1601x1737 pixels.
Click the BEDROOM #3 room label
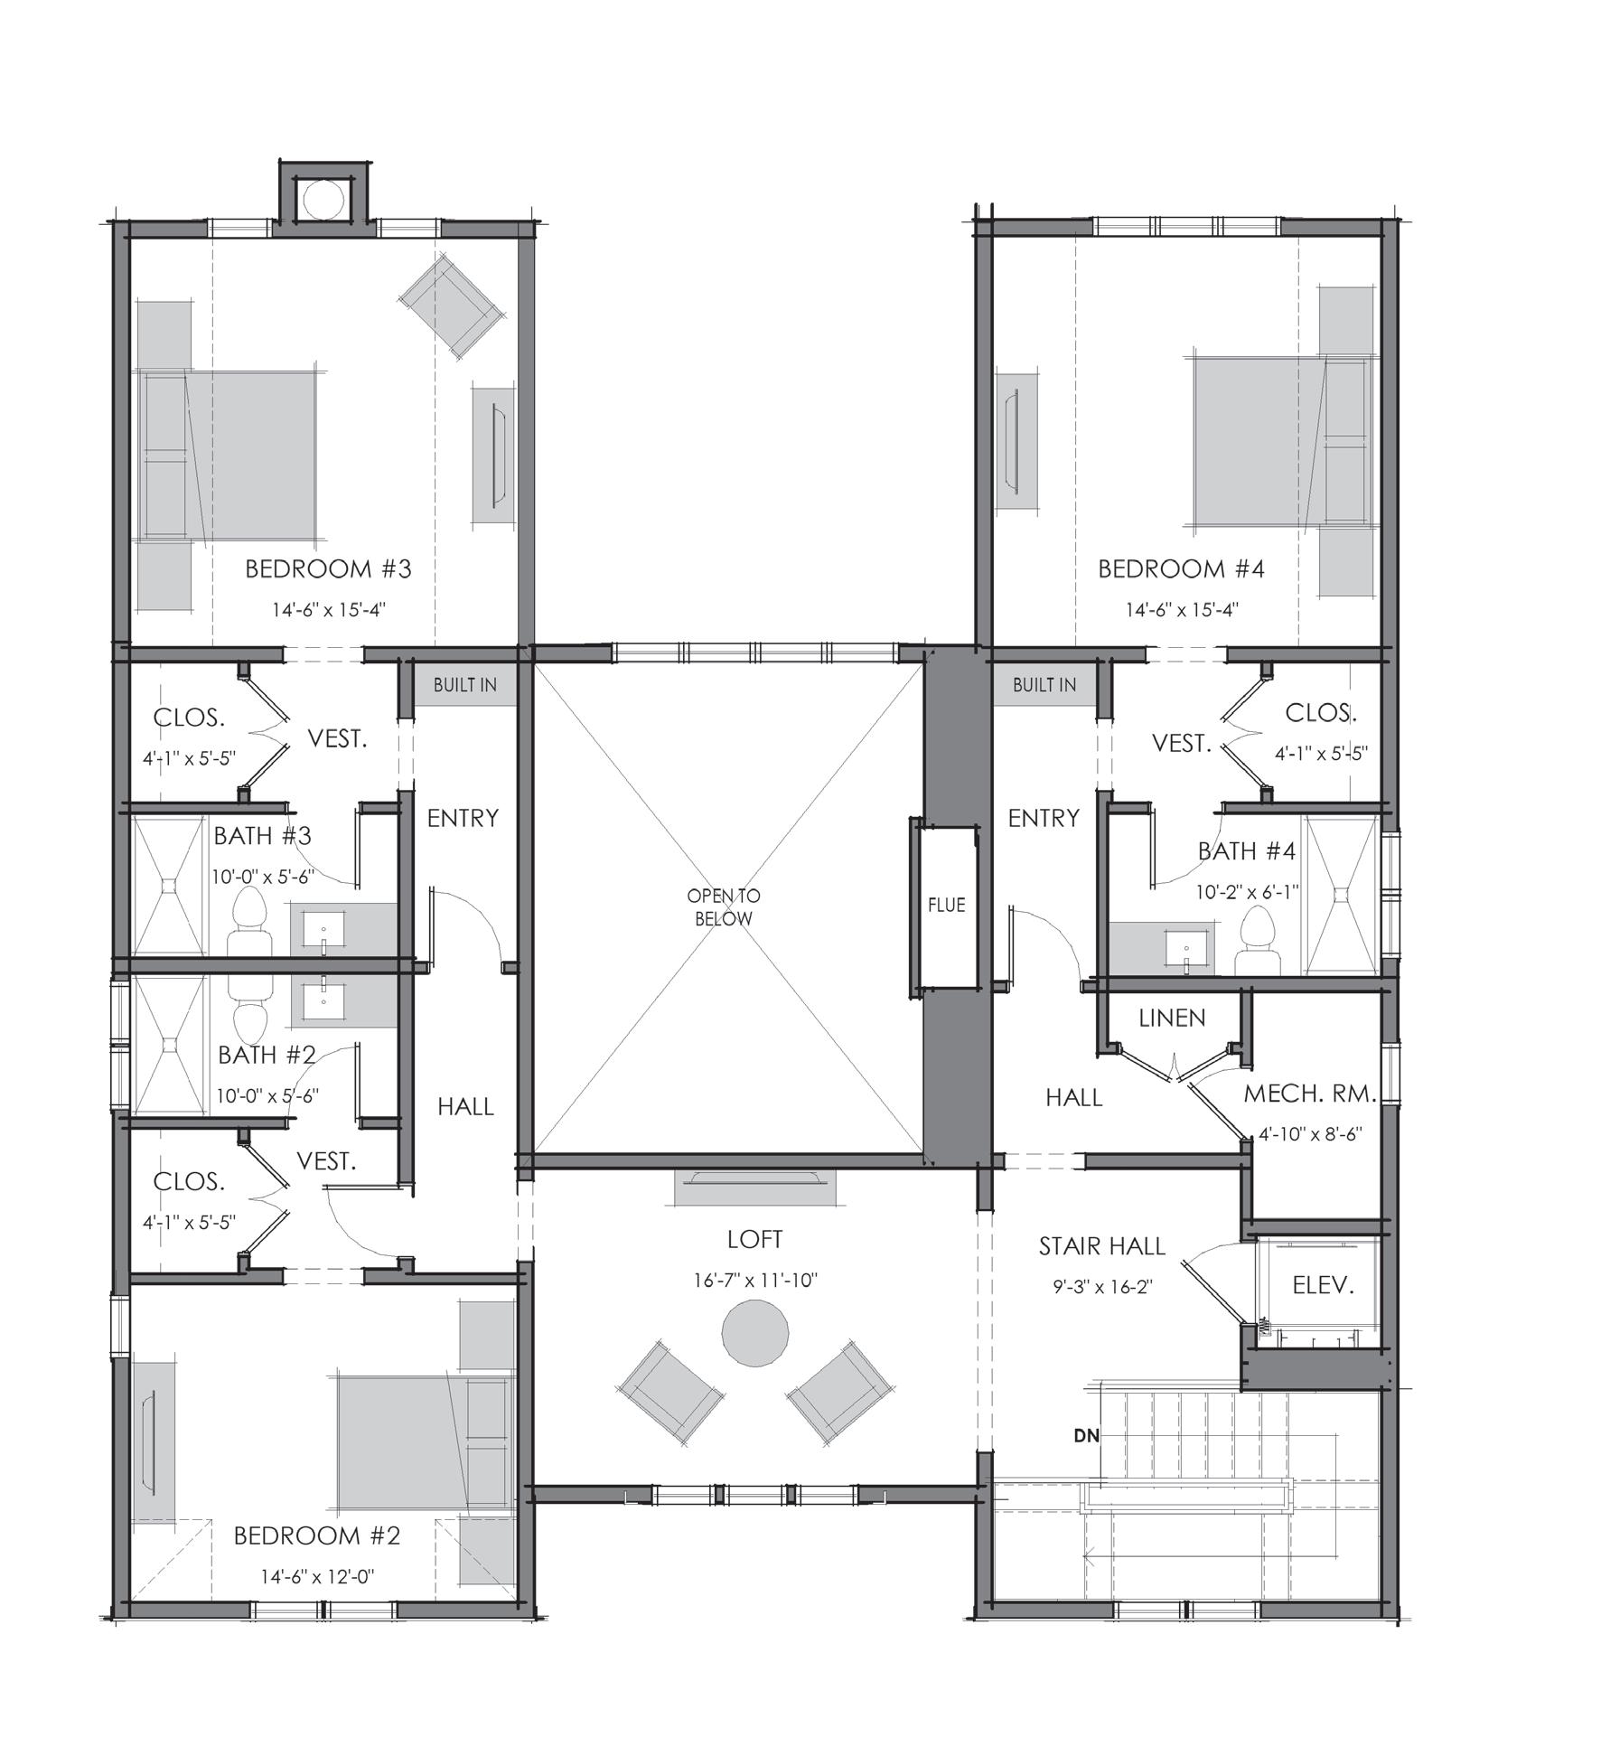[328, 568]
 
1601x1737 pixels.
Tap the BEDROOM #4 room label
[1181, 568]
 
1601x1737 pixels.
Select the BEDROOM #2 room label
[316, 1535]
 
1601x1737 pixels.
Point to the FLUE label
[946, 904]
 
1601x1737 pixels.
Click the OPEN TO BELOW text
[724, 907]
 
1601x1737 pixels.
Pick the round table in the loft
[755, 1332]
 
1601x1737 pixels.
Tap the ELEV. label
[1324, 1284]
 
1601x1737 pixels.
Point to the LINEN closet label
[1172, 1018]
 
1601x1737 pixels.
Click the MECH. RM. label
[1310, 1094]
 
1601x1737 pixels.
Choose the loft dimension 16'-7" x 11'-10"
[754, 1282]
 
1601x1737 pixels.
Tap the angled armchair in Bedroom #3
[452, 304]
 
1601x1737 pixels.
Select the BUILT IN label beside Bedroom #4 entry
[1044, 684]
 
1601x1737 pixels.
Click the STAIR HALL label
[1102, 1245]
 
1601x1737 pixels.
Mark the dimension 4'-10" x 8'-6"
[1310, 1132]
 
